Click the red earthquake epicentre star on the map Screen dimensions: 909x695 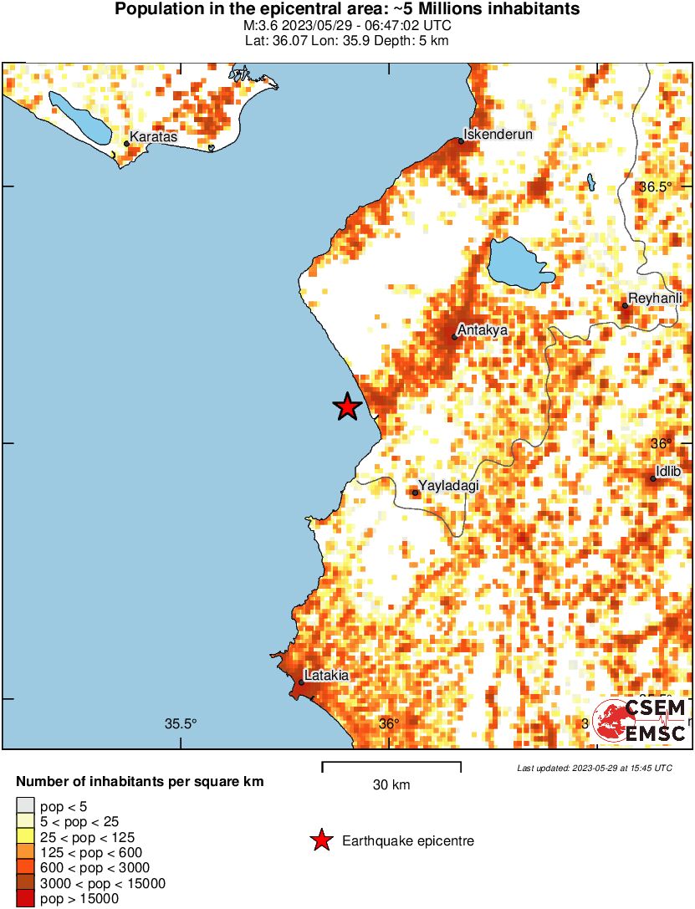tap(347, 407)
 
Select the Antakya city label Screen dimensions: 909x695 tap(483, 329)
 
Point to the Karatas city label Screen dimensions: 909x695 tap(154, 136)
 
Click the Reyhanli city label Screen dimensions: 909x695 tap(656, 298)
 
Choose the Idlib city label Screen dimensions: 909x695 tap(668, 472)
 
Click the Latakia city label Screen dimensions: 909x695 tap(326, 675)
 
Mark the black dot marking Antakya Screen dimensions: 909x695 tap(455, 337)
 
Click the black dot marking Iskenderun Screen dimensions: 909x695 tap(461, 141)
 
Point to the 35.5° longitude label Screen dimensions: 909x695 tap(180, 724)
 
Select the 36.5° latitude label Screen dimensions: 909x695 tap(655, 187)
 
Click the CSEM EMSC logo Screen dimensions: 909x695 tap(640, 721)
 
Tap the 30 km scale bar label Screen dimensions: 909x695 tap(391, 785)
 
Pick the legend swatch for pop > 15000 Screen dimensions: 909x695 tap(26, 899)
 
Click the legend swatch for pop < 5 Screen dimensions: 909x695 tap(26, 806)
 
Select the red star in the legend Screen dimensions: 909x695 tap(321, 841)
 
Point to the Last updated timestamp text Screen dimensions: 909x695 tap(594, 768)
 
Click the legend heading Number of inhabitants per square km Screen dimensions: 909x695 tap(141, 783)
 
